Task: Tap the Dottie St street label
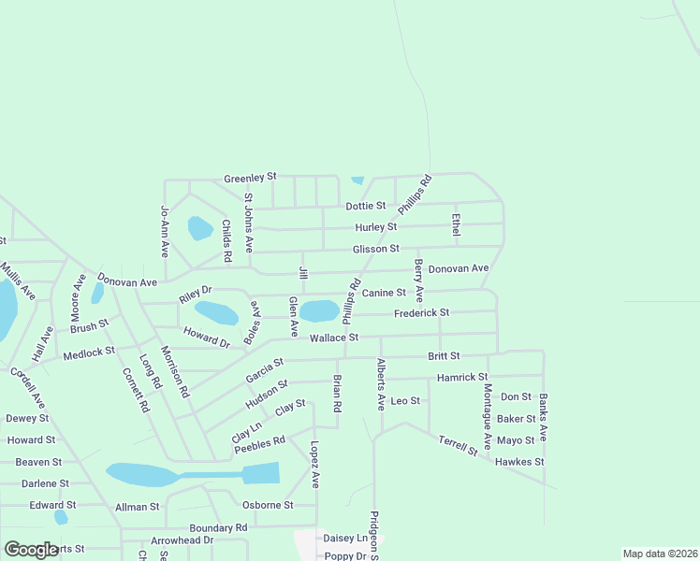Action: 366,206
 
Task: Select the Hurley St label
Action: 376,227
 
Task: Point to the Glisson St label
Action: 375,249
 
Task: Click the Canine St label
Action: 384,293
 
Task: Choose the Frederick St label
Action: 421,313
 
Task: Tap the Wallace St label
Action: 334,338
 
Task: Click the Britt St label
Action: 444,356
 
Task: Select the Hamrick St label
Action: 462,378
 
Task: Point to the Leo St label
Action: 405,400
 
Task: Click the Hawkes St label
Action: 519,462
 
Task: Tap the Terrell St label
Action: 458,444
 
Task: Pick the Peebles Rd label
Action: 259,447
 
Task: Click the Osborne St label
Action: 268,505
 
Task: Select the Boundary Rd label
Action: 217,527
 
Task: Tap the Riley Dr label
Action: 196,295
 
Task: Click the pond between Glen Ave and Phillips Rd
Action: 319,310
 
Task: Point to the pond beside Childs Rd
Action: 200,228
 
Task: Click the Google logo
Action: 31,550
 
